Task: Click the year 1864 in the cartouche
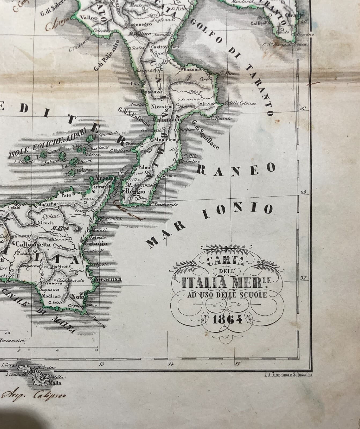(227, 319)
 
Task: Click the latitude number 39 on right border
(303, 108)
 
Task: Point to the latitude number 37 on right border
(303, 278)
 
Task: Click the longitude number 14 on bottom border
(171, 364)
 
